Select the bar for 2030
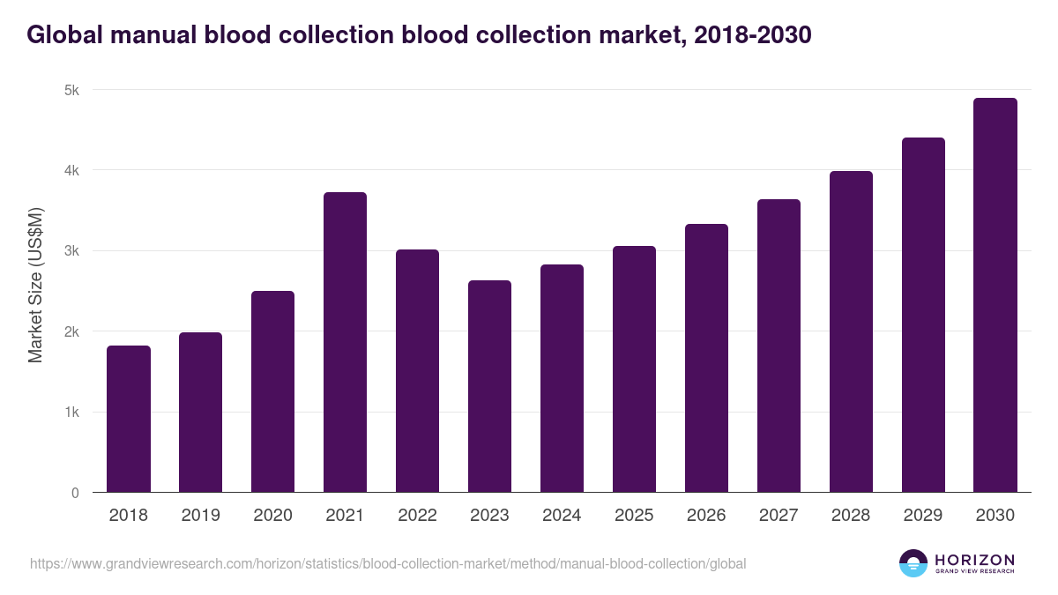tap(995, 295)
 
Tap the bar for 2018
tap(129, 419)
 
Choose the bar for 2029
tap(923, 315)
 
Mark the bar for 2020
tap(272, 391)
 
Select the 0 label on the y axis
tap(75, 493)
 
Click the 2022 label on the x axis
tap(417, 516)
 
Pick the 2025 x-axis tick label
tap(634, 516)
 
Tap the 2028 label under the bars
tap(851, 516)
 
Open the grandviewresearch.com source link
tap(388, 563)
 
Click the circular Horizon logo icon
tap(913, 563)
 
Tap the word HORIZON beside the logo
tap(974, 559)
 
